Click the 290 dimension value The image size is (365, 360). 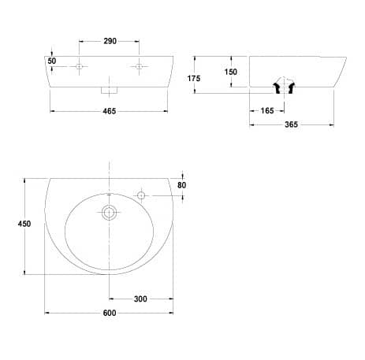(110, 41)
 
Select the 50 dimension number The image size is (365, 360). (52, 61)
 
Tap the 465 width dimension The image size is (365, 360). (109, 111)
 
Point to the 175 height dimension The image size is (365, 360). (194, 78)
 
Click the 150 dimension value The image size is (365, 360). (230, 72)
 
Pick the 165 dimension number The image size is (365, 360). (267, 111)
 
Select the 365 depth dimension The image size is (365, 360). (291, 124)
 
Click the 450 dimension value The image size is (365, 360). (24, 224)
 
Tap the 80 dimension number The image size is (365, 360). (181, 185)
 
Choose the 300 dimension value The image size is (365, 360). (140, 299)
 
